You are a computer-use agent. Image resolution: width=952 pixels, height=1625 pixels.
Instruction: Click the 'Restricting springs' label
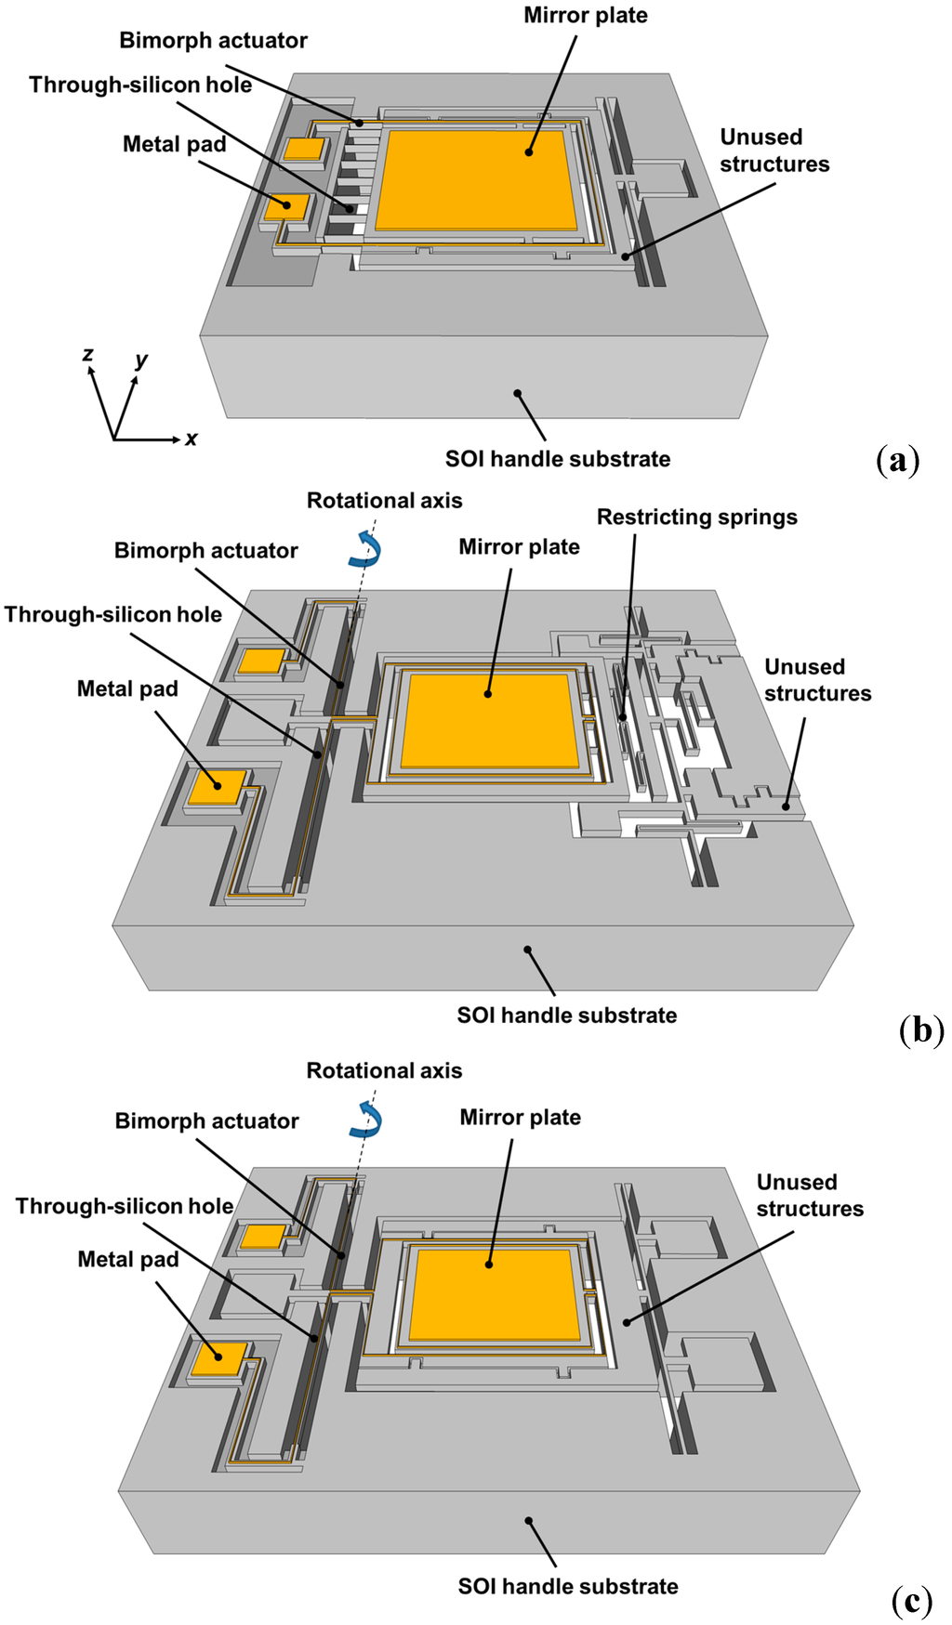[696, 518]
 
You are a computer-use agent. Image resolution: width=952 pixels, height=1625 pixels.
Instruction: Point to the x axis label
[191, 439]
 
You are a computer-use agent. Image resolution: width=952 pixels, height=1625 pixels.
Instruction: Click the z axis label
[87, 354]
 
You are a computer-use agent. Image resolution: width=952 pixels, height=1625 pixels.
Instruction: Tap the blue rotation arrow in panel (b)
[365, 549]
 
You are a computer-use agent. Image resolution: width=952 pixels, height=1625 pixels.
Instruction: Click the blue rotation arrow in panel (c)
[365, 1120]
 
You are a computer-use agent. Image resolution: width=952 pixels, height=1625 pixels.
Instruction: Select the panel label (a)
[897, 461]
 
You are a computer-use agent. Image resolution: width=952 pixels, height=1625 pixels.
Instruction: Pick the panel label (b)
[920, 1030]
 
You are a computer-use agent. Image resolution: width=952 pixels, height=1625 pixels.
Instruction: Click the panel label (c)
[911, 1601]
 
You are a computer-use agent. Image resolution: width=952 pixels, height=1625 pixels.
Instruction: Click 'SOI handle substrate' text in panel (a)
[557, 459]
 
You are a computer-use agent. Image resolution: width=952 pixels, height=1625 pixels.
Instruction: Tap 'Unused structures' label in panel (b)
[817, 680]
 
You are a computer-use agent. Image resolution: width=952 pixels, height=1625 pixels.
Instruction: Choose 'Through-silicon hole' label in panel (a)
[140, 85]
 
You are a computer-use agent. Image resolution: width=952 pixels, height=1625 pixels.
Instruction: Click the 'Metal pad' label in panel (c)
[128, 1260]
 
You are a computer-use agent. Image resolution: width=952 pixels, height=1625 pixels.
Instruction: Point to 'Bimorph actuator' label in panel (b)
[205, 551]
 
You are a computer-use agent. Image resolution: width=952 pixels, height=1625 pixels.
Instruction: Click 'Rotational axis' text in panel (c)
[384, 1071]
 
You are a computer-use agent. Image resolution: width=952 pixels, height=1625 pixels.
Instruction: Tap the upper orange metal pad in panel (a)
[304, 149]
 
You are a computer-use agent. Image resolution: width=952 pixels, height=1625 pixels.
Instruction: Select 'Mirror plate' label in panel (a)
[585, 16]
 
